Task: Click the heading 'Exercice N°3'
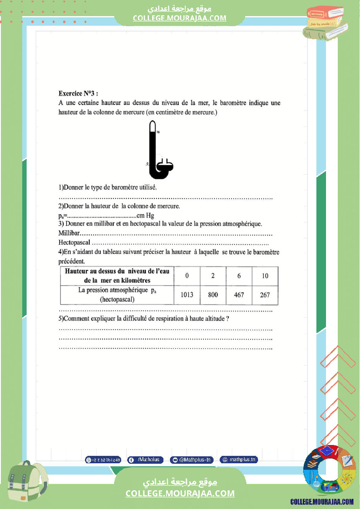(x=78, y=93)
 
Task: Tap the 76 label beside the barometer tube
(x=158, y=131)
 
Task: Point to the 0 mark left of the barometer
(x=148, y=164)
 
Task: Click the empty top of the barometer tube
(x=152, y=126)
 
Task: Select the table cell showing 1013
(x=187, y=295)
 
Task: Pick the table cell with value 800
(x=213, y=295)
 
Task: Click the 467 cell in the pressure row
(x=239, y=295)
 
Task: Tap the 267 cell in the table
(x=265, y=295)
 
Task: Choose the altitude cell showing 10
(x=265, y=276)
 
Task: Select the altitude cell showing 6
(x=239, y=276)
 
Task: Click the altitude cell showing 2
(x=213, y=276)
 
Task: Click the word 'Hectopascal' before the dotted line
(x=74, y=243)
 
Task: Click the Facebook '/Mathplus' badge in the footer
(x=146, y=460)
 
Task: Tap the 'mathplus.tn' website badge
(x=239, y=460)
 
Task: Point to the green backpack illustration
(x=27, y=483)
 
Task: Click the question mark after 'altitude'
(x=228, y=319)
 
